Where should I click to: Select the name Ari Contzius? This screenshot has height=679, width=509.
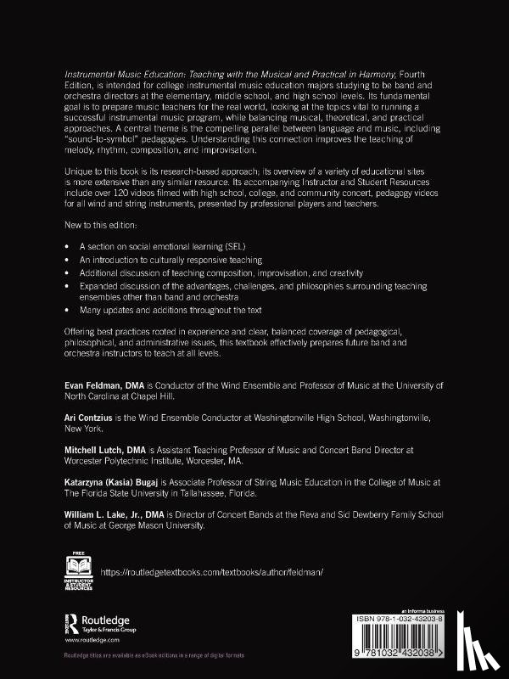87,418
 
